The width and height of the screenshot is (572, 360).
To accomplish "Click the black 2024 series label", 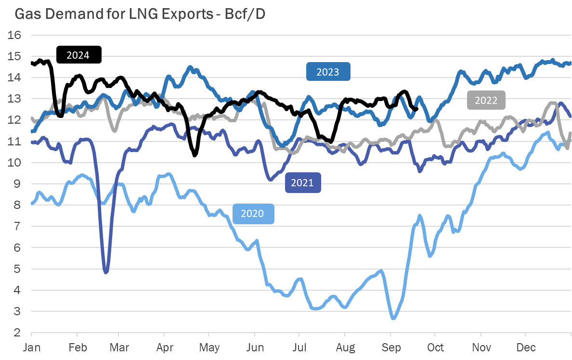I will tap(78, 55).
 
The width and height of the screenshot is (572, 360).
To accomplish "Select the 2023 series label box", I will tap(328, 72).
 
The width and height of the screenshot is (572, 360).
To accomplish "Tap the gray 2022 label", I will tap(486, 101).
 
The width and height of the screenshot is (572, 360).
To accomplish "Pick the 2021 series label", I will tap(302, 183).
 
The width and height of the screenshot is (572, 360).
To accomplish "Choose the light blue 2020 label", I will tap(253, 213).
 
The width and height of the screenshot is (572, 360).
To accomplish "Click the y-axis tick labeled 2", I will tap(18, 333).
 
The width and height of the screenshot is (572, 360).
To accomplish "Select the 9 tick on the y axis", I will tap(18, 184).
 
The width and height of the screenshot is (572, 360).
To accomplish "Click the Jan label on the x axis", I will tap(31, 347).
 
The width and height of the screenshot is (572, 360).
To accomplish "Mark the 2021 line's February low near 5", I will tap(106, 272).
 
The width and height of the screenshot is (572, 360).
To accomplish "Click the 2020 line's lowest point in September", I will tap(393, 318).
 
